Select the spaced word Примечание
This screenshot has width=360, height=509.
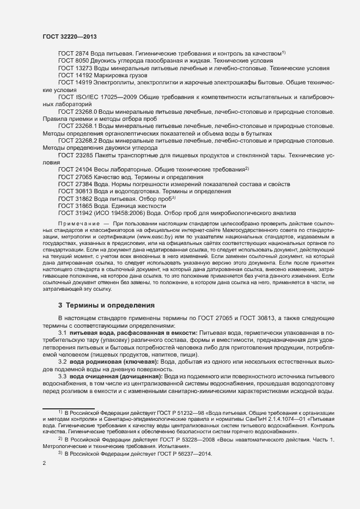[78, 224]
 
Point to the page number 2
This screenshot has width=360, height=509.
[44, 464]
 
